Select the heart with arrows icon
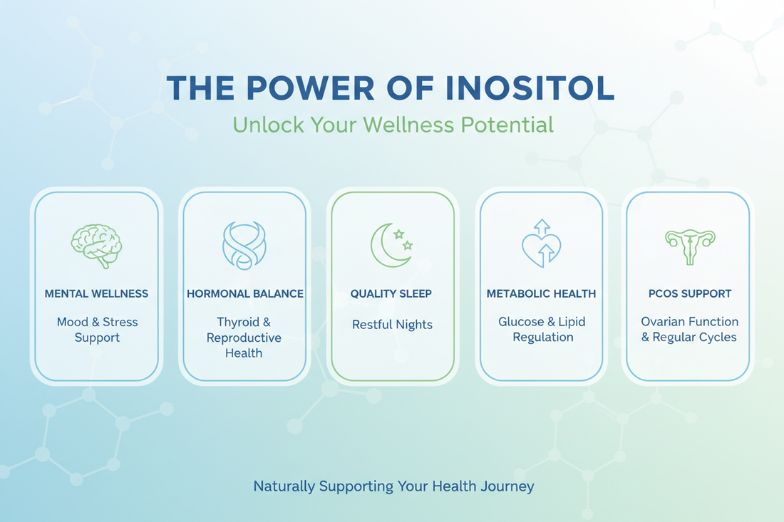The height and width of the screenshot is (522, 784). click(x=542, y=244)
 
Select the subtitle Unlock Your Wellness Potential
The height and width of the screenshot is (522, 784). click(x=393, y=125)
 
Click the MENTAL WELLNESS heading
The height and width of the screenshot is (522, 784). click(x=96, y=293)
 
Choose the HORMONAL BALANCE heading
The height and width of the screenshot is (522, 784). click(x=244, y=293)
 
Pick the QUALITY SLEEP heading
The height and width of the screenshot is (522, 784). click(x=391, y=293)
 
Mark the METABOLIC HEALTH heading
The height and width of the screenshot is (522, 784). click(x=541, y=293)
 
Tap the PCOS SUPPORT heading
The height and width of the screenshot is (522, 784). click(x=689, y=293)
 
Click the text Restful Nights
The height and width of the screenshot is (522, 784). click(x=392, y=325)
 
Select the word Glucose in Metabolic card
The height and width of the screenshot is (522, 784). click(x=521, y=322)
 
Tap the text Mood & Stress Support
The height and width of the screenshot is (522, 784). click(x=97, y=329)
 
